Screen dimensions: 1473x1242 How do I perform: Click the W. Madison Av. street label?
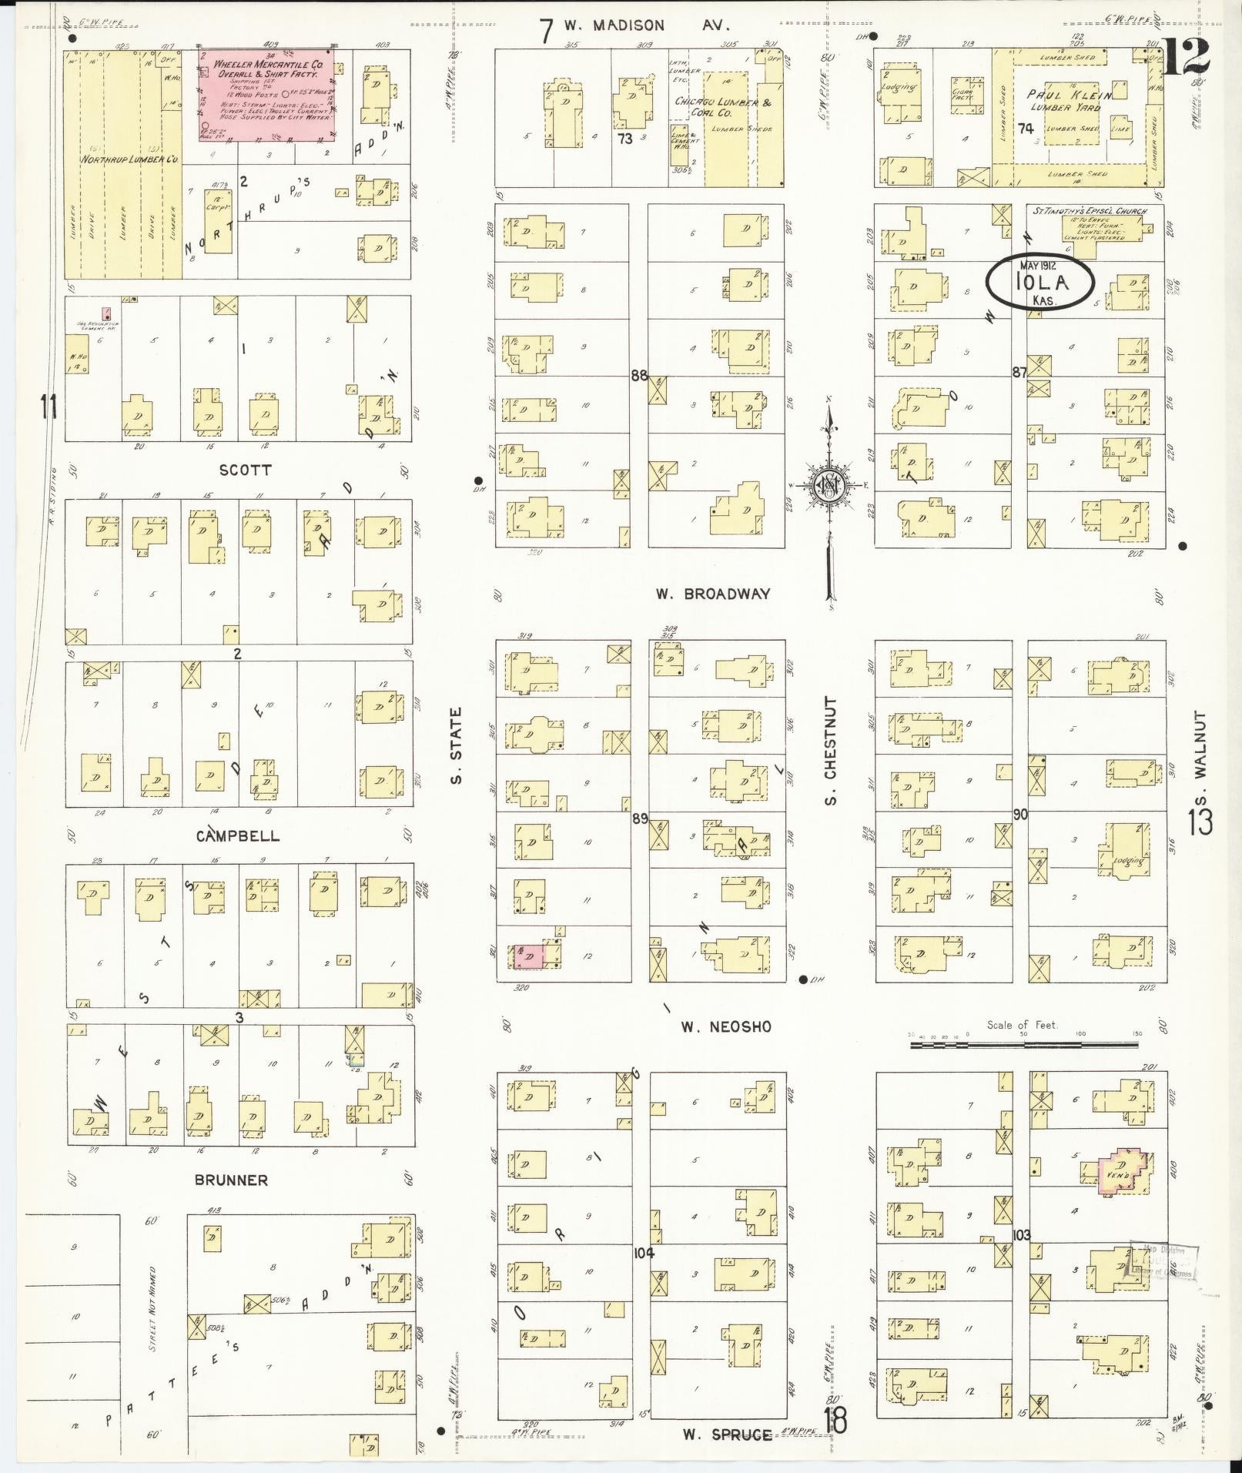645,25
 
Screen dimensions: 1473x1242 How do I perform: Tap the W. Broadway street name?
712,594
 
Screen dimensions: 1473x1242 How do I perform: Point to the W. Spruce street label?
727,1434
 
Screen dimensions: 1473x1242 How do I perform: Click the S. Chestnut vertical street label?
830,751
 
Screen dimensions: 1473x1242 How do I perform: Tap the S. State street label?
457,746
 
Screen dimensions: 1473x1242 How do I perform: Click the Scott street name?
245,470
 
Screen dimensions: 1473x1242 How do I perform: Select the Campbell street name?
237,836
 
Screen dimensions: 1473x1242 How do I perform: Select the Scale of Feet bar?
1023,1045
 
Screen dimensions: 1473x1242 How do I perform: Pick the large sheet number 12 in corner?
1186,55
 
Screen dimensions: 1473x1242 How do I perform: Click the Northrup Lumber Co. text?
130,159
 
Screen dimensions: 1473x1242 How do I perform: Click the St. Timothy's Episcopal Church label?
1087,211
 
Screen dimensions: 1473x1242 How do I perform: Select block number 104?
644,1253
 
